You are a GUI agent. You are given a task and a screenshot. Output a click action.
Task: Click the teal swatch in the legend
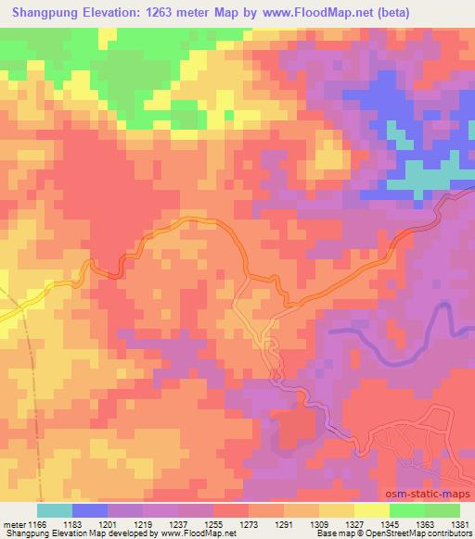54,510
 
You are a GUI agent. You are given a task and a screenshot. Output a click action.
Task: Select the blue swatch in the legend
89,510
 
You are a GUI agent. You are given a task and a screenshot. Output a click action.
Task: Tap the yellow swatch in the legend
371,510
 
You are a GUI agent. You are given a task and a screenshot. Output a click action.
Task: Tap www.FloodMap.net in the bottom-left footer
196,534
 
